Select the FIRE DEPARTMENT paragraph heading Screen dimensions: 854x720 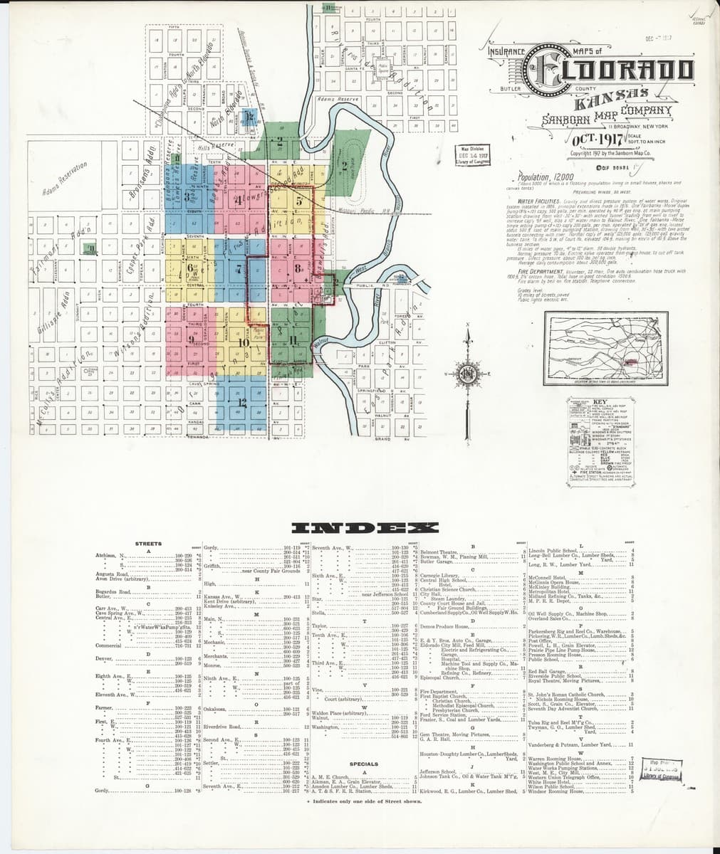pos(543,271)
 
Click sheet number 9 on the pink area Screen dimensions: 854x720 pos(191,338)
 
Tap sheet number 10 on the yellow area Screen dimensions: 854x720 pos(244,342)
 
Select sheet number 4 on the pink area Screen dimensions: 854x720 pos(240,200)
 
